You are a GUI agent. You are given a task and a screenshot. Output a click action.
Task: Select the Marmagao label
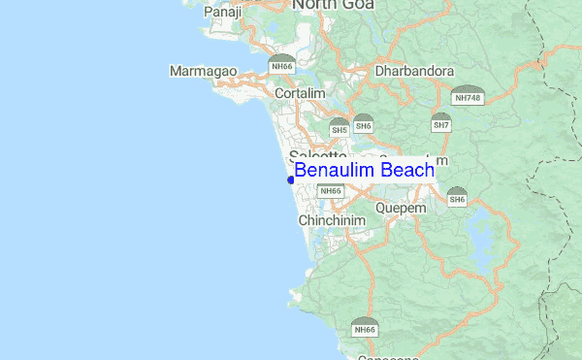pyautogui.click(x=201, y=72)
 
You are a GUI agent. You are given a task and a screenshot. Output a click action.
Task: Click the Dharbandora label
pyautogui.click(x=414, y=71)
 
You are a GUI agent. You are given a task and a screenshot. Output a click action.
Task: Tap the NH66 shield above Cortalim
pyautogui.click(x=282, y=64)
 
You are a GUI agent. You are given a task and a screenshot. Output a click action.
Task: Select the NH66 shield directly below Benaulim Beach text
pyautogui.click(x=331, y=189)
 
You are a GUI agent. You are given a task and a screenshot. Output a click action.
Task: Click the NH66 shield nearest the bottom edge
pyautogui.click(x=365, y=327)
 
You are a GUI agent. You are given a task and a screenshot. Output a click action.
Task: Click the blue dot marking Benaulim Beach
pyautogui.click(x=291, y=180)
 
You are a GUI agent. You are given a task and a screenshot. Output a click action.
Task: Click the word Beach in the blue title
pyautogui.click(x=407, y=170)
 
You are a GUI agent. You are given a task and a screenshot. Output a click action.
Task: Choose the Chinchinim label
pyautogui.click(x=332, y=221)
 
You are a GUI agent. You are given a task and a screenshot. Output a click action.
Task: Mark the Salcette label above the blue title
pyautogui.click(x=318, y=156)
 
